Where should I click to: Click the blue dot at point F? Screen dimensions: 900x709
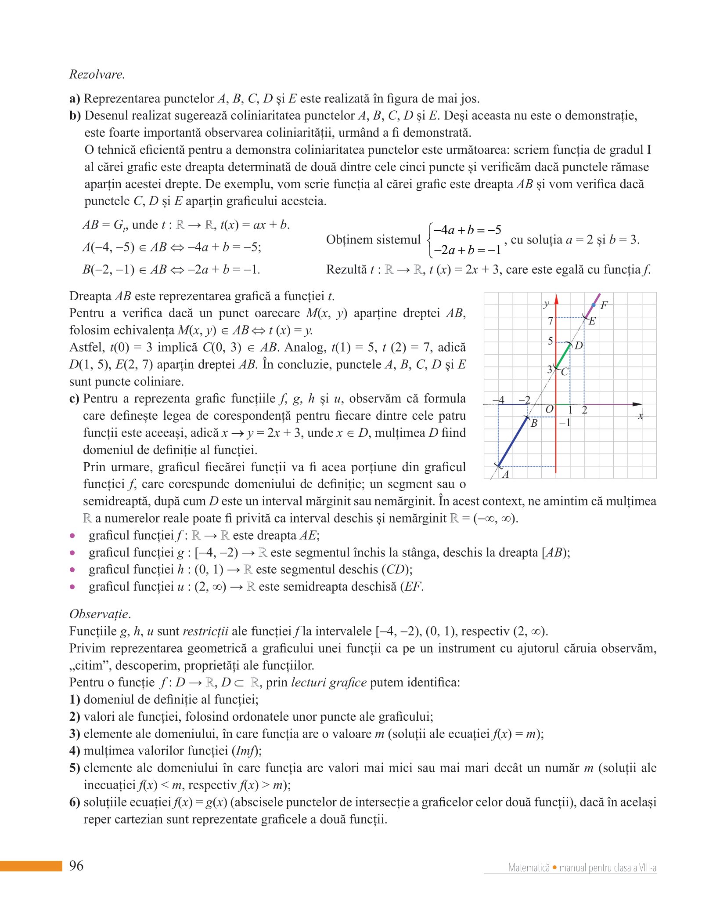(594, 305)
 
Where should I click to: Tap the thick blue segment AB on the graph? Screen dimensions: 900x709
(513, 442)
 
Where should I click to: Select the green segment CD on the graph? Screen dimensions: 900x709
(563, 356)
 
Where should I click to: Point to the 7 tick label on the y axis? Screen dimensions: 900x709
(550, 321)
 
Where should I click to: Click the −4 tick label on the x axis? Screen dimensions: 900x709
(498, 400)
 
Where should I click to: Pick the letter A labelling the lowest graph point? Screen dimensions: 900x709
(506, 474)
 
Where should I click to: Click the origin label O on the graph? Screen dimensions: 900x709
(549, 410)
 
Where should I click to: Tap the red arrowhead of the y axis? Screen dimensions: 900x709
(556, 299)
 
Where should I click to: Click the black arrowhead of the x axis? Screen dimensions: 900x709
(637, 404)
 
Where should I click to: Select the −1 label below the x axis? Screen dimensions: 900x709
(565, 423)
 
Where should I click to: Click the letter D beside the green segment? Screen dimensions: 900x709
(579, 346)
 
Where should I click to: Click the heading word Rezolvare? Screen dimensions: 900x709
(97, 74)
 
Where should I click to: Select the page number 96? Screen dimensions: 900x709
(76, 865)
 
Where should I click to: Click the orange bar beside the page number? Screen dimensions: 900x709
(31, 866)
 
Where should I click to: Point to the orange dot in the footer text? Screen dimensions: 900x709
(555, 867)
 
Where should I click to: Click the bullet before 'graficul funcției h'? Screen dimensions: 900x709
(72, 570)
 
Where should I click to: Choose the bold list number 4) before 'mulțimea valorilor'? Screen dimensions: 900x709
(75, 751)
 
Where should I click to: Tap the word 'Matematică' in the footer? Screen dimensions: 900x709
(529, 868)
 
